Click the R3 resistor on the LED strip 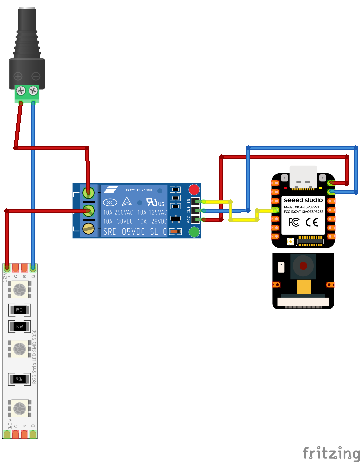pyautogui.click(x=19, y=310)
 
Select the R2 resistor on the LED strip pyautogui.click(x=19, y=327)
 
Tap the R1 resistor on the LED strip pyautogui.click(x=19, y=379)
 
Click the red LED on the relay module pyautogui.click(x=194, y=190)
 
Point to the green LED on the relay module pyautogui.click(x=194, y=232)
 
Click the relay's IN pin pyautogui.click(x=195, y=201)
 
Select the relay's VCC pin pyautogui.click(x=195, y=219)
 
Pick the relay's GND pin pyautogui.click(x=195, y=210)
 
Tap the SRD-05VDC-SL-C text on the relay pyautogui.click(x=135, y=231)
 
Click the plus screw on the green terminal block pyautogui.click(x=21, y=90)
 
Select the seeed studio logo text pyautogui.click(x=303, y=200)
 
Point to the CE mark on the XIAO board pyautogui.click(x=312, y=222)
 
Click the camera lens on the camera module pyautogui.click(x=303, y=266)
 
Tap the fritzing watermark pyautogui.click(x=331, y=453)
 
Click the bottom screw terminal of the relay pyautogui.click(x=88, y=229)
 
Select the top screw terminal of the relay pyautogui.click(x=88, y=192)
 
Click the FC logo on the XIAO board pyautogui.click(x=294, y=222)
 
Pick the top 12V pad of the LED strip pyautogui.click(x=7, y=267)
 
